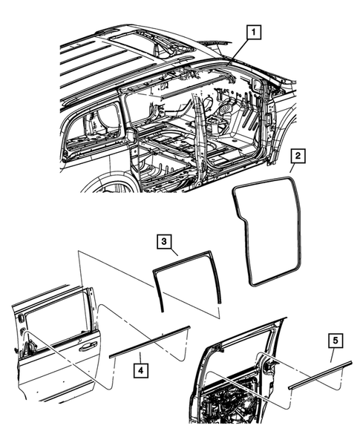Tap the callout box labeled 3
pyautogui.click(x=165, y=243)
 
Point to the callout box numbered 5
pyautogui.click(x=335, y=342)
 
